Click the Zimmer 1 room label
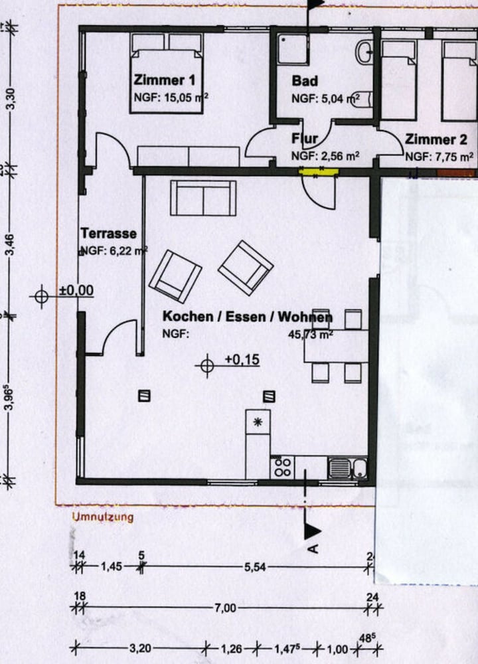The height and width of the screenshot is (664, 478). [165, 81]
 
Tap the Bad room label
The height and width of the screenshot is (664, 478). [305, 81]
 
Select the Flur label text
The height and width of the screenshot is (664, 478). [305, 139]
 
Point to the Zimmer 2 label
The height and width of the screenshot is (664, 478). [436, 139]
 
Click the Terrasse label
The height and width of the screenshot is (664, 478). [108, 234]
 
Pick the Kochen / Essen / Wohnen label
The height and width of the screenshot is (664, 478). [248, 317]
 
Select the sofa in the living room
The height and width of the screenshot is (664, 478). [203, 197]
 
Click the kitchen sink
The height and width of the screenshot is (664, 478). [339, 469]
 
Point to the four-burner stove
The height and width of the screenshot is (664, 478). [282, 467]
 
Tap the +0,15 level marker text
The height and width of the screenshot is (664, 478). [242, 360]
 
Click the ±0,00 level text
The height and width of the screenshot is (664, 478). [76, 290]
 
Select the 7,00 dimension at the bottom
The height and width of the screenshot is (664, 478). [225, 608]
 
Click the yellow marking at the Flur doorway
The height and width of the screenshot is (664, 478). [319, 171]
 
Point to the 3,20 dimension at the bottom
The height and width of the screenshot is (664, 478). [139, 647]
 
